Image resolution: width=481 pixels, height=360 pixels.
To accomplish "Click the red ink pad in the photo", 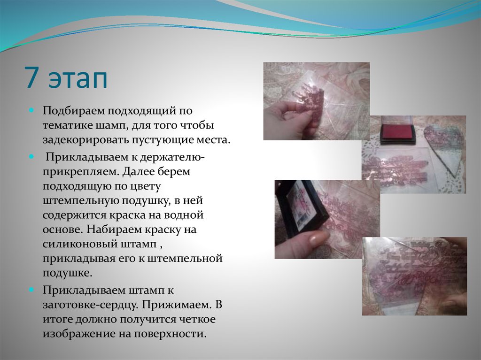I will [398, 132].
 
